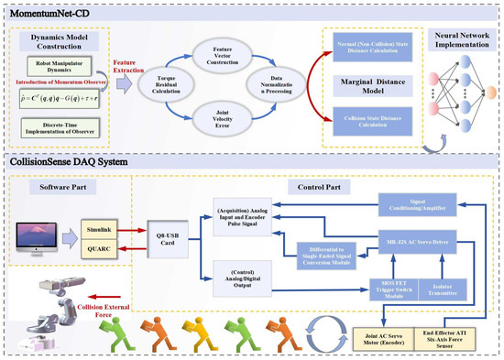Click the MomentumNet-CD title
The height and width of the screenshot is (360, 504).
tap(46, 11)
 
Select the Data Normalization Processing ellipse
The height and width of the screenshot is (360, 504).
tap(274, 90)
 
